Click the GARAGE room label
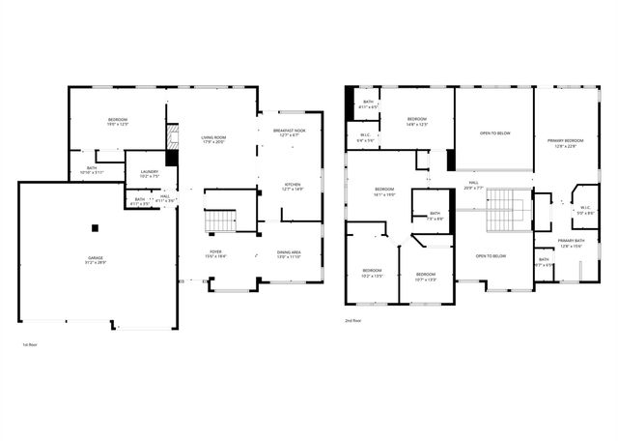tap(97, 257)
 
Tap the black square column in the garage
tap(95, 228)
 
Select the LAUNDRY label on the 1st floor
tap(149, 172)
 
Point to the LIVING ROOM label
tap(213, 138)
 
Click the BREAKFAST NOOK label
tap(289, 130)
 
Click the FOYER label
tap(215, 252)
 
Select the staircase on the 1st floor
tap(219, 222)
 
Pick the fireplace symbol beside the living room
tap(173, 134)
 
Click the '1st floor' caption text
tap(29, 343)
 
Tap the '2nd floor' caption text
tap(353, 320)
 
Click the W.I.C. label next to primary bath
tap(585, 207)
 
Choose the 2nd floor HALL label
tap(474, 181)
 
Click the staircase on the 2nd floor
tap(502, 216)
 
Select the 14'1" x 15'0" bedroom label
tap(384, 191)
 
